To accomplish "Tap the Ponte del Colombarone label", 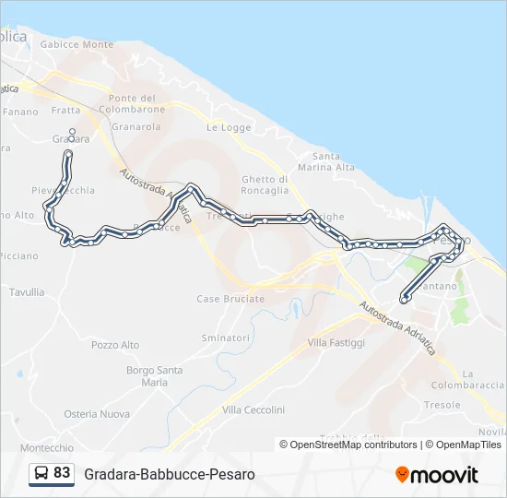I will [133, 104].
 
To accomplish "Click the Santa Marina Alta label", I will [334, 161].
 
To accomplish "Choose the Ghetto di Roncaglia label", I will [265, 184].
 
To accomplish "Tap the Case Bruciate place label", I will [230, 299].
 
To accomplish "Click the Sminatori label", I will [226, 338].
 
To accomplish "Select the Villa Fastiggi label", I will [336, 343].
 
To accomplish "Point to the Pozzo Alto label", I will [116, 345].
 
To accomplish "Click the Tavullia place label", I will [27, 292].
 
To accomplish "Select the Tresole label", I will [442, 405].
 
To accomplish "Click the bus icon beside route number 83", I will [42, 474].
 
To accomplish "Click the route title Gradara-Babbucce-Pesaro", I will [170, 474].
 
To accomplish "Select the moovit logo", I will [437, 475].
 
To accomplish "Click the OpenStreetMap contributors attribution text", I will [348, 445].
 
